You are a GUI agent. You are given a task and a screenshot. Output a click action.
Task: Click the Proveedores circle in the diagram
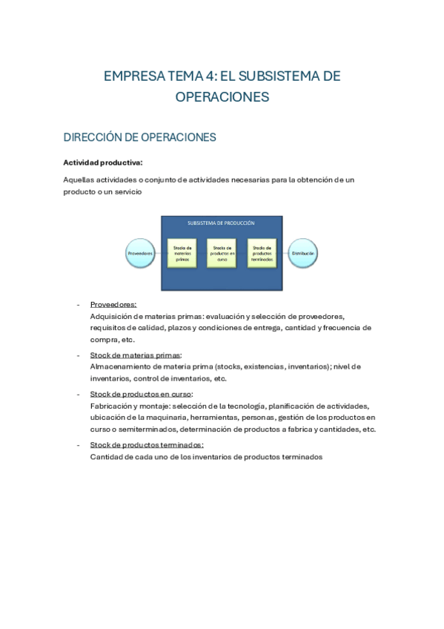pos(140,253)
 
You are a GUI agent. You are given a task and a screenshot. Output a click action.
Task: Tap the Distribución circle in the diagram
pos(303,253)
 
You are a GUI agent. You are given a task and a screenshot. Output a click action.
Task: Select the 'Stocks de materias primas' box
pos(182,254)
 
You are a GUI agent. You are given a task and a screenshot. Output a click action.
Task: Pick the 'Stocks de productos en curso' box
pos(222,254)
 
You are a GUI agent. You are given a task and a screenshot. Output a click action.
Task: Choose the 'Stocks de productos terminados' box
pos(262,254)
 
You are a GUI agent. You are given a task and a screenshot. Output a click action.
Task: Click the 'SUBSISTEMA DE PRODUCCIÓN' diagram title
pos(221,223)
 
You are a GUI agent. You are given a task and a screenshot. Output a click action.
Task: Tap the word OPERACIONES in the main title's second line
pos(222,97)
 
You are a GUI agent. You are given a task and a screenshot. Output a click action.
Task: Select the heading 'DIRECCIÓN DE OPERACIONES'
pos(139,137)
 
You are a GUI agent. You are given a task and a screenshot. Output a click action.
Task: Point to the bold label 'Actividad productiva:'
pos(102,162)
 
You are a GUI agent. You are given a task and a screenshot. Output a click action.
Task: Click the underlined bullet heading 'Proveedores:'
pos(113,304)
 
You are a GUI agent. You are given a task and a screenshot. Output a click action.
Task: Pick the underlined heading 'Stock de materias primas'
pos(135,355)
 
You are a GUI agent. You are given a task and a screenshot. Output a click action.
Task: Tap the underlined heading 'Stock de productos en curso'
pos(140,394)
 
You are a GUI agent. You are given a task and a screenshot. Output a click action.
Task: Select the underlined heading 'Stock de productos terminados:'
pos(146,445)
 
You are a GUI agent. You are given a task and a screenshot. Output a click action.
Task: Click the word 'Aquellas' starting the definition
pos(78,180)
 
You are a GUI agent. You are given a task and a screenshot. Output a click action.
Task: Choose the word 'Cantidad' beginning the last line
pos(105,457)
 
